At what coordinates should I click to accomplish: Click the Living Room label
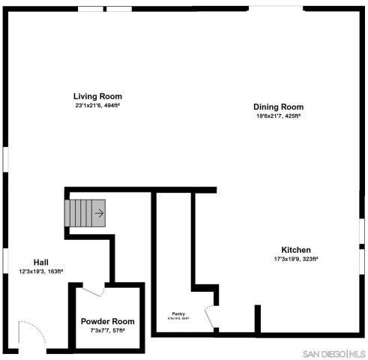click(97, 96)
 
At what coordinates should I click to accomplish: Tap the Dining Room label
click(278, 106)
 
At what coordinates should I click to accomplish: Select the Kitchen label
click(296, 250)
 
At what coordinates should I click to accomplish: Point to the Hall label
click(41, 262)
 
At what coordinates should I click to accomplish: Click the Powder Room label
click(107, 321)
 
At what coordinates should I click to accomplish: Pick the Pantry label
click(178, 313)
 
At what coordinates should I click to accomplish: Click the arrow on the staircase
click(99, 213)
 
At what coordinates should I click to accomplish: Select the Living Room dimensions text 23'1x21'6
click(97, 106)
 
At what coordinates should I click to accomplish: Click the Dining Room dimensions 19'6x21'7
click(278, 116)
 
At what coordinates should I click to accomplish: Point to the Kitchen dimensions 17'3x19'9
click(296, 259)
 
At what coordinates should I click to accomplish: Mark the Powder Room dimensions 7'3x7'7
click(107, 330)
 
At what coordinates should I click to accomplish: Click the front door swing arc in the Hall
click(30, 334)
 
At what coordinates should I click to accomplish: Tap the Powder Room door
click(93, 290)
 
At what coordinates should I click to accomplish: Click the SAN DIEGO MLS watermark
click(334, 353)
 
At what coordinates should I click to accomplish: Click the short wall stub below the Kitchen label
click(258, 319)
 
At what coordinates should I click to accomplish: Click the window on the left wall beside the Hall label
click(4, 259)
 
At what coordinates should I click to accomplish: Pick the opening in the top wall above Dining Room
click(277, 8)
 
